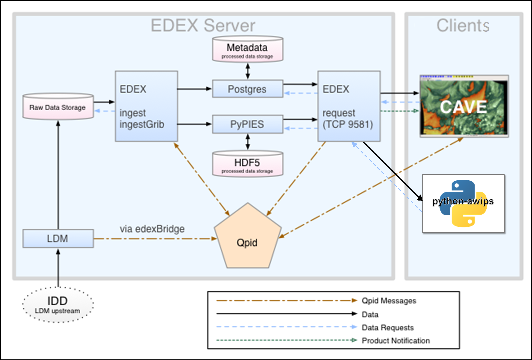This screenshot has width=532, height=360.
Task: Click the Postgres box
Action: [248, 89]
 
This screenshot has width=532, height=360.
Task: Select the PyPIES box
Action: [248, 124]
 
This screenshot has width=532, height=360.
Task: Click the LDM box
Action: [58, 239]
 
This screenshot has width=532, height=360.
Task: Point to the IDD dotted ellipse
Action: [58, 304]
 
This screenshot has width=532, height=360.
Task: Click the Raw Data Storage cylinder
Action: [58, 106]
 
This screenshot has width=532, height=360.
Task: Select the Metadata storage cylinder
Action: [248, 49]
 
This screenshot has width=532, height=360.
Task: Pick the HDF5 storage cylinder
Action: [248, 164]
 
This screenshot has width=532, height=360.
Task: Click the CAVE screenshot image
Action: [464, 106]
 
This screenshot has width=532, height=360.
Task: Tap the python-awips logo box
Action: [463, 204]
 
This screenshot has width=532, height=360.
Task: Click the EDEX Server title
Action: [203, 25]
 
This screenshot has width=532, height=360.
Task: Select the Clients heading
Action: [463, 25]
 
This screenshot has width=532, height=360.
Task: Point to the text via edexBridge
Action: [152, 229]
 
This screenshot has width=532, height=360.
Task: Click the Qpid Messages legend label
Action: [389, 301]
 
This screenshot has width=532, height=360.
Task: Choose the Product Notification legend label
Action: [396, 341]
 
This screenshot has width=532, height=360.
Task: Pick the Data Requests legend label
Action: [388, 328]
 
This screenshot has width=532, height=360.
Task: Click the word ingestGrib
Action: [142, 124]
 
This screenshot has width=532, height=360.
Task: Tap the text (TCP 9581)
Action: [348, 124]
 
